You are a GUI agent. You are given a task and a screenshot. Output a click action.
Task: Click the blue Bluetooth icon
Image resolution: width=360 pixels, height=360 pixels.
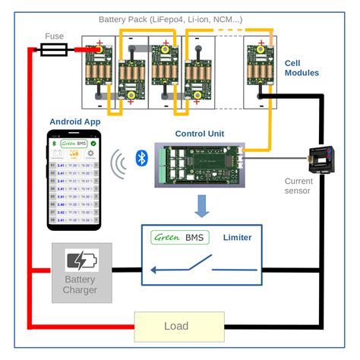pyautogui.click(x=140, y=157)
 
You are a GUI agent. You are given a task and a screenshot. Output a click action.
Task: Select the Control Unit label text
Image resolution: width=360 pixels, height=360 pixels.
pyautogui.click(x=200, y=134)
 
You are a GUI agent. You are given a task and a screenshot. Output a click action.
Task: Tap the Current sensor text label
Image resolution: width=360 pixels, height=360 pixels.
pyautogui.click(x=298, y=186)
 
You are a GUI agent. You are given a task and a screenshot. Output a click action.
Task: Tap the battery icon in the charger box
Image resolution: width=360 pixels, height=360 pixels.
pyautogui.click(x=81, y=261)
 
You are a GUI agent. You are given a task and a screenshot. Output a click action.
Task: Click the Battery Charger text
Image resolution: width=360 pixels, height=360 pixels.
pyautogui.click(x=80, y=284)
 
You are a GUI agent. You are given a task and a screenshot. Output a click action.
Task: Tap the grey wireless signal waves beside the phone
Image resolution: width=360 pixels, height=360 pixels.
pyautogui.click(x=118, y=163)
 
